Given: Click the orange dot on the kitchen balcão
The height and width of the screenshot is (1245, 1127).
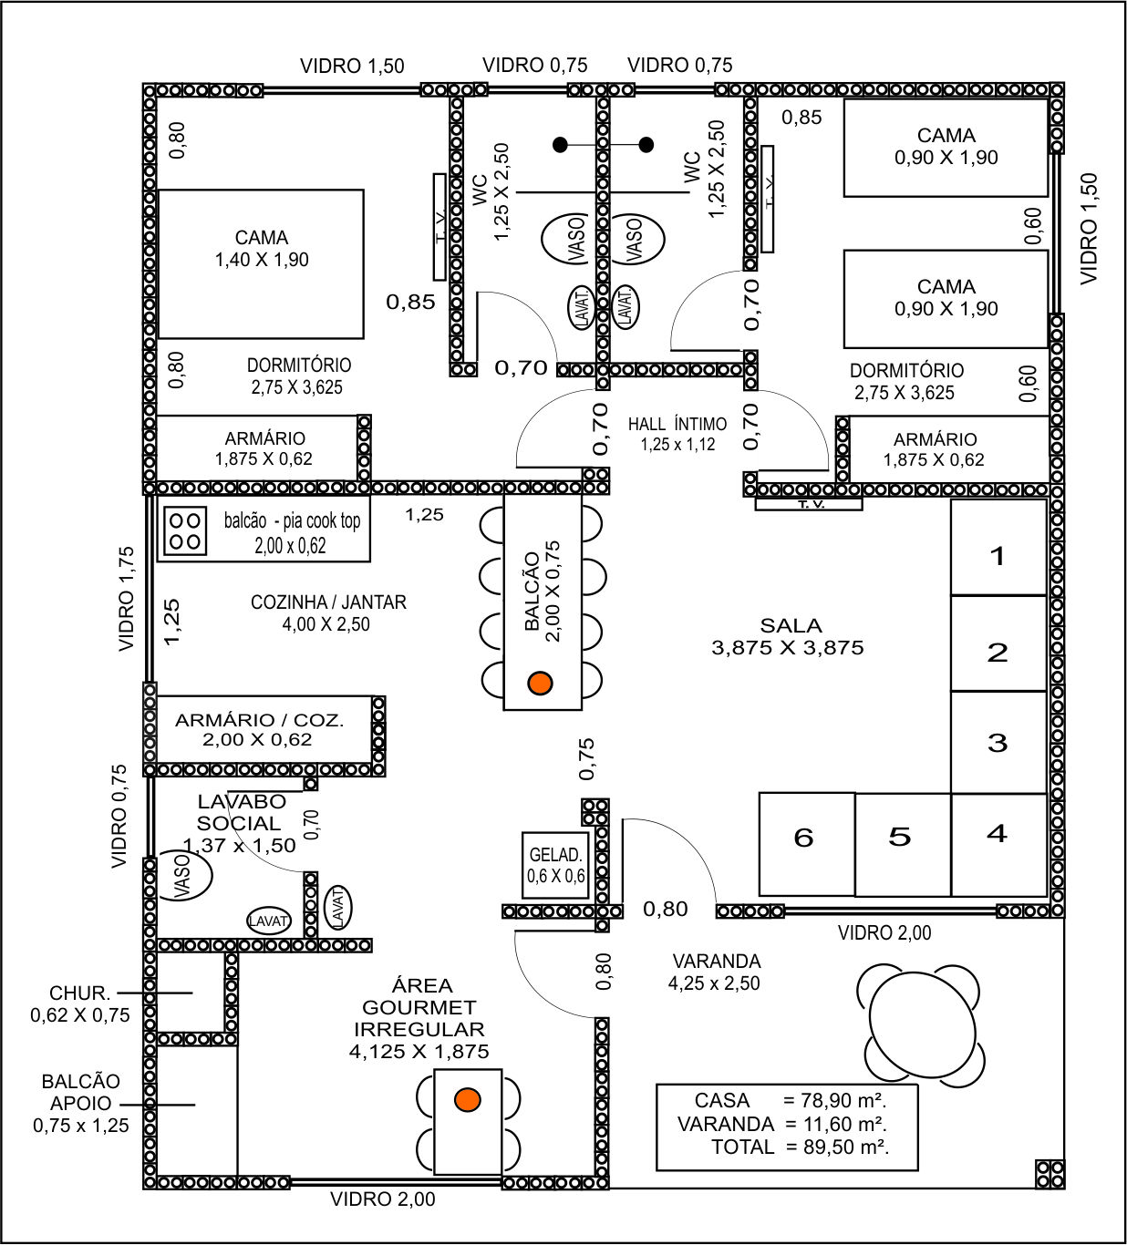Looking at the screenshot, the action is (x=540, y=683).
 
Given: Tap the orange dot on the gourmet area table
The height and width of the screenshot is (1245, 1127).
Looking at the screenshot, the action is (x=468, y=1100).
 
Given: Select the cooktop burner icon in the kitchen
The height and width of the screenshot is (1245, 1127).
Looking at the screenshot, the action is (x=185, y=531).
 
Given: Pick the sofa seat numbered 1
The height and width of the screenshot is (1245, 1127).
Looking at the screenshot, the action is (x=998, y=548).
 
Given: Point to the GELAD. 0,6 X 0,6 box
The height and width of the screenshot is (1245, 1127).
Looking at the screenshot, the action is (x=555, y=866).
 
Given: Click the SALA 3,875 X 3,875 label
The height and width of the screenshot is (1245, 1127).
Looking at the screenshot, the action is (x=788, y=637).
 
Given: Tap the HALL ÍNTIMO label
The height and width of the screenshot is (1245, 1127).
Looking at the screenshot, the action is (x=677, y=425).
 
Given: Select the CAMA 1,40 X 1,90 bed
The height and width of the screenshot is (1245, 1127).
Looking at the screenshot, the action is (x=261, y=263).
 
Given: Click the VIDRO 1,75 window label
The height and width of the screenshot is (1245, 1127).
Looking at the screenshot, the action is (x=127, y=599).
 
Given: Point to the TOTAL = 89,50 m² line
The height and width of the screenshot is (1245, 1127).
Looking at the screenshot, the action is (x=800, y=1147).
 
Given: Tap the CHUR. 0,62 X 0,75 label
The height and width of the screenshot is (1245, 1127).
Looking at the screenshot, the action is (x=80, y=1004).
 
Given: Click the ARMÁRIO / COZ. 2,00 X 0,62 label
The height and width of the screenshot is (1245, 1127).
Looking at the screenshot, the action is (x=259, y=730).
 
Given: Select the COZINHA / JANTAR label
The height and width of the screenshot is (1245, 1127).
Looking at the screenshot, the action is (x=328, y=602).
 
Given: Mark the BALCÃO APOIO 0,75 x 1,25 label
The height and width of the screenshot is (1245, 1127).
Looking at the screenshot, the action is (x=81, y=1104).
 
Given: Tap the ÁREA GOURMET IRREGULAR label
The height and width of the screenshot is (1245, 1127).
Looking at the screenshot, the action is (x=419, y=1018).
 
